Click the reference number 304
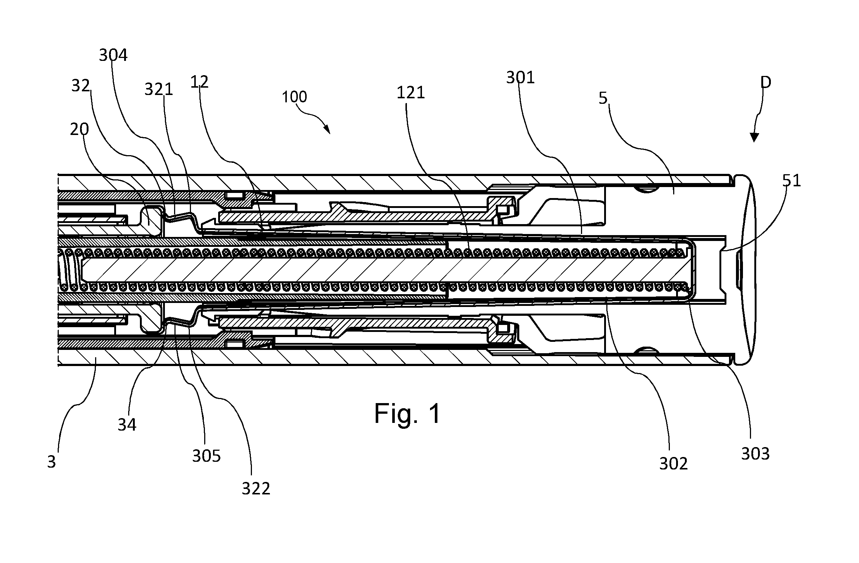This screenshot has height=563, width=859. click(x=113, y=55)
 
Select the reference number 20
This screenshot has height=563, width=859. click(x=79, y=129)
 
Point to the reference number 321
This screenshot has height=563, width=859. click(x=159, y=89)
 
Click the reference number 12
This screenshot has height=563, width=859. click(x=199, y=82)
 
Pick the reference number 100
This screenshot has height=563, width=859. click(x=294, y=97)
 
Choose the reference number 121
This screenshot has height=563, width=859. click(x=411, y=92)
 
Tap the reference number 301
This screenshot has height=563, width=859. click(x=520, y=77)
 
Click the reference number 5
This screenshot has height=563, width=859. click(x=603, y=98)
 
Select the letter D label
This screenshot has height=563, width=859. click(x=766, y=83)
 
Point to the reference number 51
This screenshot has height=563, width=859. click(x=791, y=181)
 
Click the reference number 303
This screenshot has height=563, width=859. click(x=755, y=454)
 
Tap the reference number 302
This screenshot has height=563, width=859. click(x=674, y=464)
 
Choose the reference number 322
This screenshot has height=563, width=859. click(x=256, y=488)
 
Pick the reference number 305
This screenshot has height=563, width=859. click(x=206, y=456)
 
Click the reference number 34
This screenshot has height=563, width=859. click(x=127, y=425)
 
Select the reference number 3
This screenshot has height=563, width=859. click(x=51, y=462)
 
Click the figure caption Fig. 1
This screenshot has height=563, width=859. click(x=407, y=413)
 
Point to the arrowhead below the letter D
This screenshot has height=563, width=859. click(x=754, y=138)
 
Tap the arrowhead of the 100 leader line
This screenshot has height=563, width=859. click(x=327, y=130)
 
